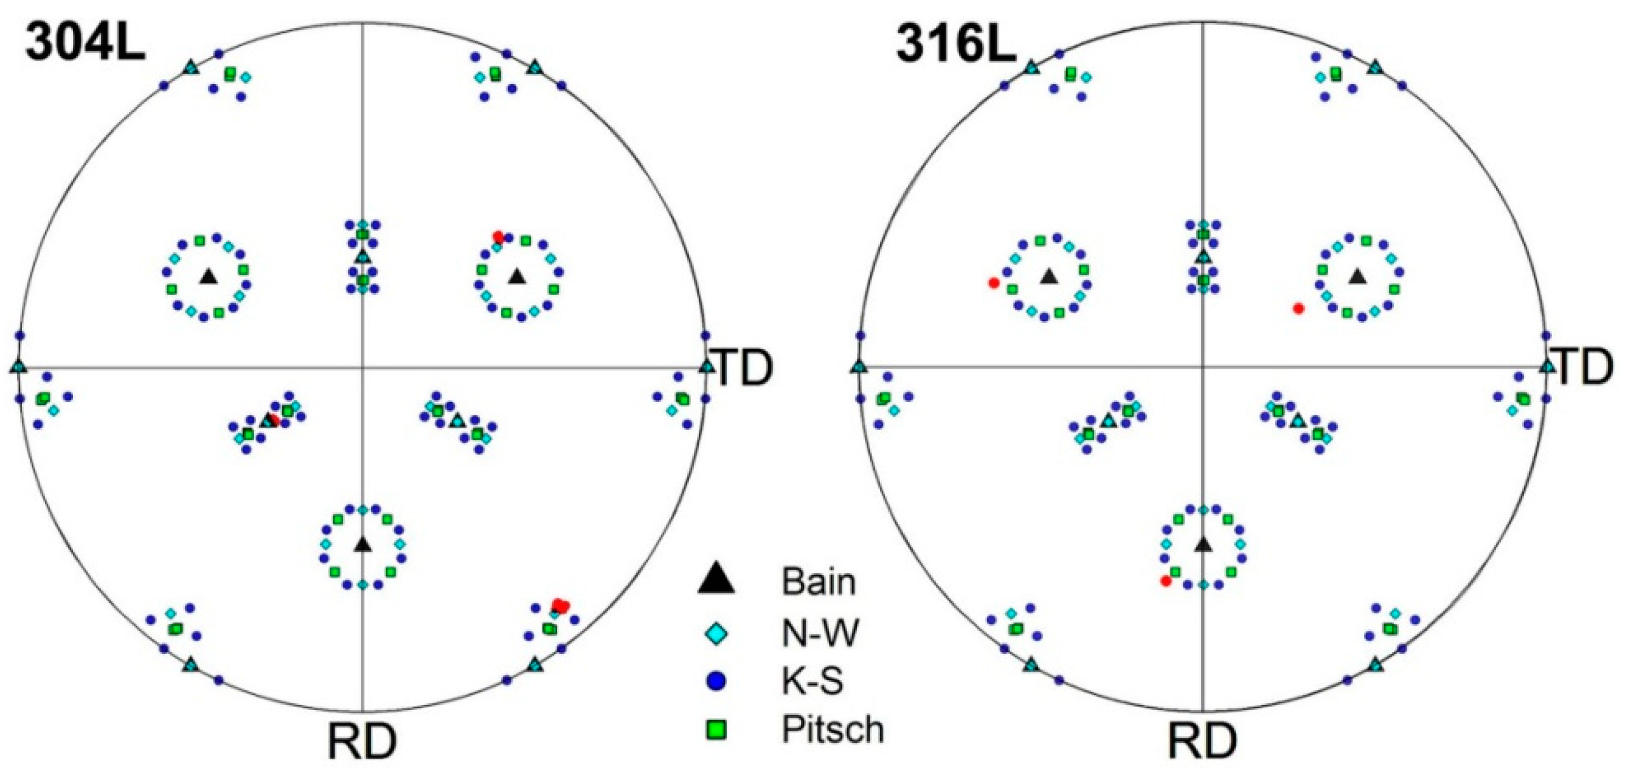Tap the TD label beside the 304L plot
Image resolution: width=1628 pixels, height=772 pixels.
click(744, 369)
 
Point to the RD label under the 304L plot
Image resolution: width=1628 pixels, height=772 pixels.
click(362, 741)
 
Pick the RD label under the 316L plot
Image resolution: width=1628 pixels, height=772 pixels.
click(1202, 741)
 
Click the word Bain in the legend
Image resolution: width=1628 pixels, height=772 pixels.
click(819, 581)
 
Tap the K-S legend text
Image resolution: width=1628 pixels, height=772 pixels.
click(812, 681)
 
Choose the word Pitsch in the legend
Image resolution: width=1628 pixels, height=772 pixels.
click(833, 729)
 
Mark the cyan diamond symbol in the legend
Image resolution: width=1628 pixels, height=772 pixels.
click(716, 633)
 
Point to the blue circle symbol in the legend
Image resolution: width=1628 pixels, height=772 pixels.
click(716, 681)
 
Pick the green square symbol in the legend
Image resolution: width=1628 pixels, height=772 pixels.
click(716, 731)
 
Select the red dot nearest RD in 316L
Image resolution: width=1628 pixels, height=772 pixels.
click(1166, 580)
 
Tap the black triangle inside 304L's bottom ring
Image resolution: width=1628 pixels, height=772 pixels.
click(362, 543)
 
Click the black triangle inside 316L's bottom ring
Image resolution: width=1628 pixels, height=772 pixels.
click(1204, 543)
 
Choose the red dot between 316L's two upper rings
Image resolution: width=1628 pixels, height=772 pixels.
click(1298, 308)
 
